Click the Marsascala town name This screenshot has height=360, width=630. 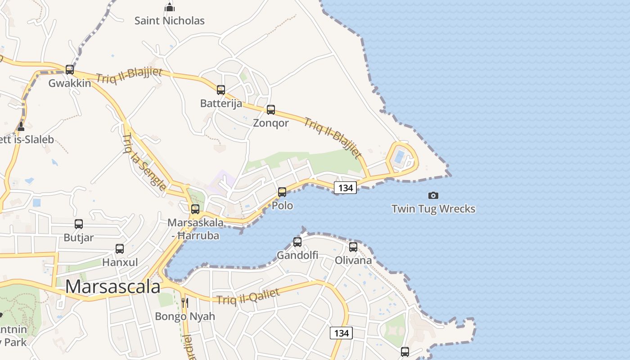(x=113, y=287)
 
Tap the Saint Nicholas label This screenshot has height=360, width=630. (x=170, y=21)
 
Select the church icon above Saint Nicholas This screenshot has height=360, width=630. (x=170, y=7)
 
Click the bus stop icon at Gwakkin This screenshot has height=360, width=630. (x=70, y=70)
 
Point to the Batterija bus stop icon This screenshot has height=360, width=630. (x=221, y=90)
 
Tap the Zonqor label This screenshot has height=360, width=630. (x=271, y=123)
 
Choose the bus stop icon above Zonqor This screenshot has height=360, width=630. (x=271, y=110)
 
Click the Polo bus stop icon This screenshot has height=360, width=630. (x=282, y=192)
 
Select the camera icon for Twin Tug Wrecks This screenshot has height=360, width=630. (x=433, y=195)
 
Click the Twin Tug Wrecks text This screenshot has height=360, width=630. (x=433, y=209)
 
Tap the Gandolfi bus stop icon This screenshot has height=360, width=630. (x=297, y=242)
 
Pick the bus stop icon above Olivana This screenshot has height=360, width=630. (x=353, y=247)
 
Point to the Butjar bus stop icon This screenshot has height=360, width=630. (x=79, y=224)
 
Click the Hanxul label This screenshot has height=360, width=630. (x=120, y=262)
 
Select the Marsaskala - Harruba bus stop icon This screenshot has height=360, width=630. (x=195, y=209)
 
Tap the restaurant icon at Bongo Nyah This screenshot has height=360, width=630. (x=184, y=302)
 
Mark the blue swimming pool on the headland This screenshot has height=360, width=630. (x=399, y=157)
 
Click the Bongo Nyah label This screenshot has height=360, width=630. (x=185, y=316)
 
